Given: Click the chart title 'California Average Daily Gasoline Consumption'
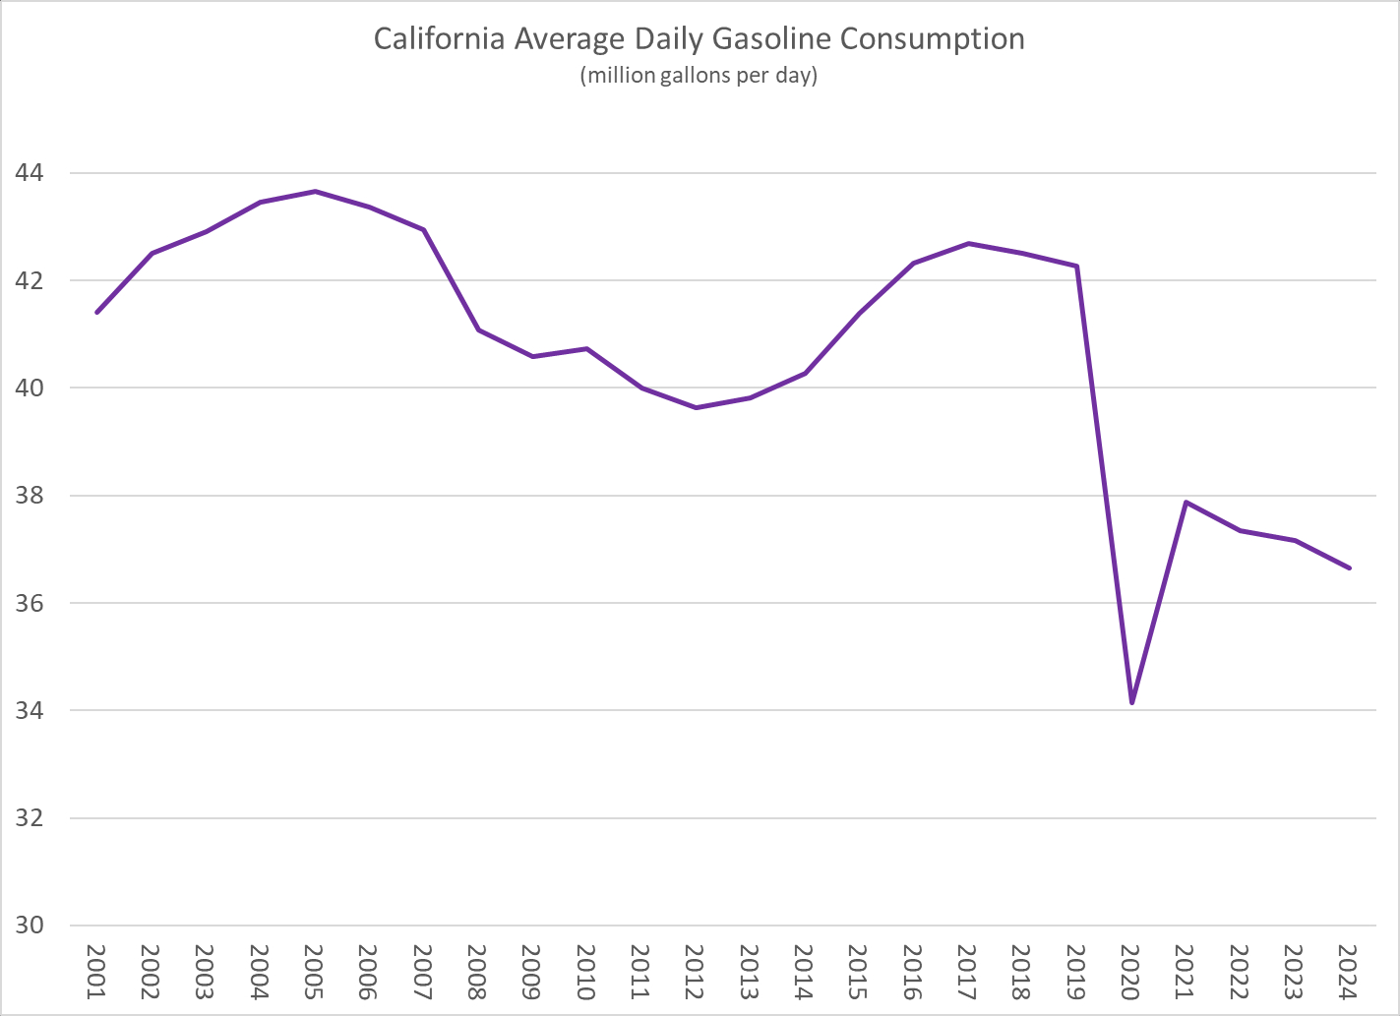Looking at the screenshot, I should [699, 39].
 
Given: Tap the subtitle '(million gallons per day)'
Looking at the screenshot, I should [699, 75].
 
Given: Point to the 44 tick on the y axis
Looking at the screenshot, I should [29, 173].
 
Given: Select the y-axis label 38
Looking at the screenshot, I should [29, 496].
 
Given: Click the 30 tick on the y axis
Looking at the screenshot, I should [29, 926].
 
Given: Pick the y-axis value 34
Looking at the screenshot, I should [29, 710].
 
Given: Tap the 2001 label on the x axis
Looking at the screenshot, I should [96, 972].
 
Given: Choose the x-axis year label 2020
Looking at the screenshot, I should [1131, 972].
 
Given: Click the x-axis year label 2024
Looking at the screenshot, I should [1349, 972].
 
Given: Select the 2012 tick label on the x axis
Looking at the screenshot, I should [696, 972].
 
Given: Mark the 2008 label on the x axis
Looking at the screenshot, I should [477, 972].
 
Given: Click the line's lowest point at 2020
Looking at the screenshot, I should [1132, 703].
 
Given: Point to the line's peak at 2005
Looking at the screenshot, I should [315, 191].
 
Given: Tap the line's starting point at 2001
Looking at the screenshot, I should [96, 313].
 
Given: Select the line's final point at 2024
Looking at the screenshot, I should [1350, 568].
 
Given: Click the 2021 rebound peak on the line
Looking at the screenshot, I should [1187, 502].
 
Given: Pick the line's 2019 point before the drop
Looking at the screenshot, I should [1078, 266].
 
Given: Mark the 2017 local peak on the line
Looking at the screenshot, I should [968, 243].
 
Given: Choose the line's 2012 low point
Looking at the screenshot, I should [696, 407].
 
